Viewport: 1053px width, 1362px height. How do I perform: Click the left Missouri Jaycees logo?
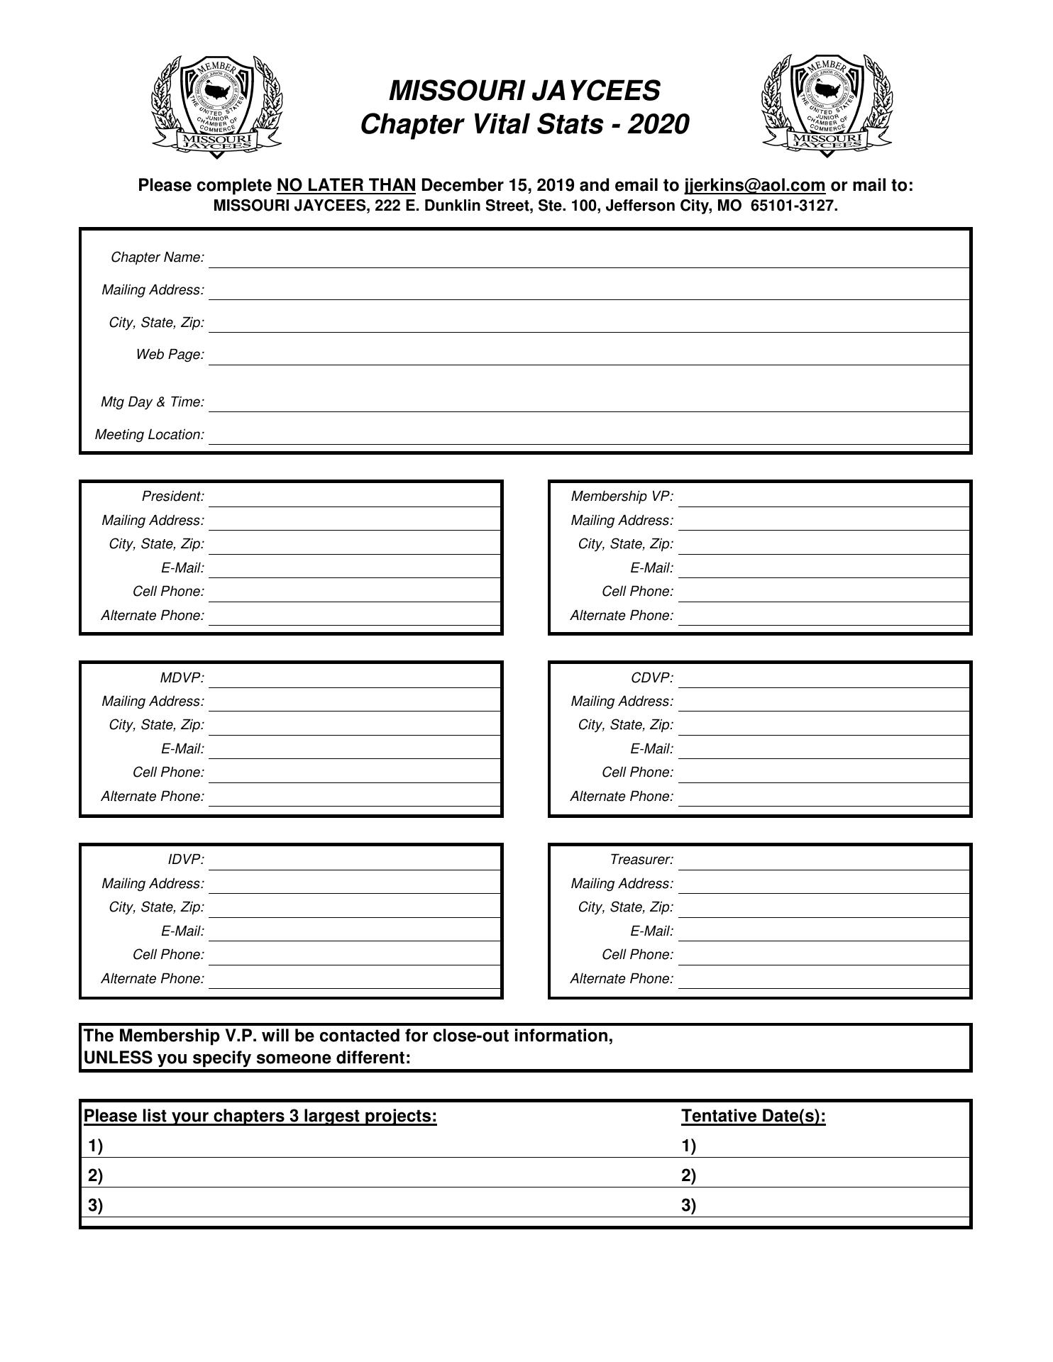[x=216, y=106]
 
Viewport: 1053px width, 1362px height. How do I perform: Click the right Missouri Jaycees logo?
[x=827, y=106]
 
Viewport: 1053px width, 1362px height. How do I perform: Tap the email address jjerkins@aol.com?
[x=754, y=186]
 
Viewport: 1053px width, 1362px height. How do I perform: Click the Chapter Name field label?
[x=158, y=258]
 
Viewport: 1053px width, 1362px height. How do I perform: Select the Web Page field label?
[x=170, y=355]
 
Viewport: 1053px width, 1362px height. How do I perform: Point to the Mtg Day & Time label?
[x=153, y=402]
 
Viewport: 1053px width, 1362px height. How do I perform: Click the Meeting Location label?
[x=150, y=435]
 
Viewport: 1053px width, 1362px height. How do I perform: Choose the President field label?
[x=173, y=497]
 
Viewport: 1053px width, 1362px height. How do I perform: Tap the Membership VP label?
[x=622, y=497]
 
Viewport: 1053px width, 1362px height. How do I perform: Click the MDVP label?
[x=182, y=678]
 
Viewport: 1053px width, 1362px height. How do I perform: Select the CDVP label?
[x=652, y=678]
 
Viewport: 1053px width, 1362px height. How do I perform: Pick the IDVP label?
[x=186, y=860]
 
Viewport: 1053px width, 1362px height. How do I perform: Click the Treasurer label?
[x=641, y=860]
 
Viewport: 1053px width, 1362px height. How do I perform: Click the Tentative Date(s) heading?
[x=754, y=1117]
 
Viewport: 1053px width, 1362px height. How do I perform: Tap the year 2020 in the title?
[x=658, y=125]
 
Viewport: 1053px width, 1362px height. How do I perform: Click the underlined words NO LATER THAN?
[x=346, y=186]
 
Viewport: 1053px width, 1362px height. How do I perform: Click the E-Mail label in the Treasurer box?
[x=651, y=931]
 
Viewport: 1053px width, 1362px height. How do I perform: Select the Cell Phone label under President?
[x=168, y=592]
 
